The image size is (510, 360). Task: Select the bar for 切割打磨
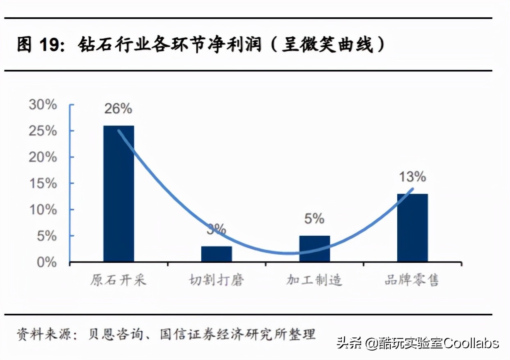(x=216, y=254)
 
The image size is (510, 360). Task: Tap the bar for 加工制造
(x=314, y=248)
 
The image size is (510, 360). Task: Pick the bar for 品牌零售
(x=412, y=228)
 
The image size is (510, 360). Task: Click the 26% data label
(x=118, y=109)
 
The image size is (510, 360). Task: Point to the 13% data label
(x=412, y=177)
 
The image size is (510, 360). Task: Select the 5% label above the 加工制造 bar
(x=314, y=219)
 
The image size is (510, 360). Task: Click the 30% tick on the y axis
(x=43, y=105)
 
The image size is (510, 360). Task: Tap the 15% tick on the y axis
(x=43, y=183)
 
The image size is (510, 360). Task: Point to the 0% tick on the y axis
(x=46, y=262)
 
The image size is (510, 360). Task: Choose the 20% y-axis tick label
(x=43, y=157)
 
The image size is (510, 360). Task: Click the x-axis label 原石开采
(x=118, y=280)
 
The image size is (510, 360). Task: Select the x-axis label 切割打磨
(x=216, y=280)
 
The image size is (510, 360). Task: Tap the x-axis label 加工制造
(x=314, y=280)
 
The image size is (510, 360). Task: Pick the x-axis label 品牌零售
(x=412, y=280)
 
